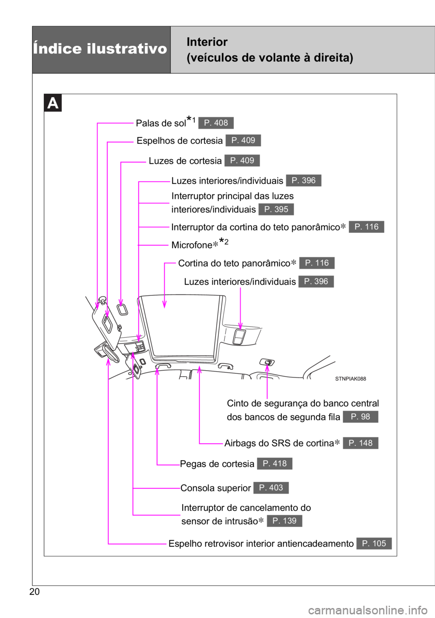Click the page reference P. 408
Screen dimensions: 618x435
pos(216,123)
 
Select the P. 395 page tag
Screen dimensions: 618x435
pos(276,209)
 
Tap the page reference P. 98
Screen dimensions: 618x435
pos(360,417)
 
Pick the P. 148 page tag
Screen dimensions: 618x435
pos(360,443)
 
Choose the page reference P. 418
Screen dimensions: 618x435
pos(275,463)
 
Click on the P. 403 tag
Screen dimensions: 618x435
pos(271,488)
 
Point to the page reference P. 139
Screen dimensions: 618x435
pos(284,521)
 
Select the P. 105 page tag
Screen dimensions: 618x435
pos(374,544)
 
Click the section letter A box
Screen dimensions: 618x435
pos(53,103)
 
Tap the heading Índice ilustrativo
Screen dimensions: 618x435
pos(100,49)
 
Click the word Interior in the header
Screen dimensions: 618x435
pos(207,42)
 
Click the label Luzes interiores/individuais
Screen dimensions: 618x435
pos(240,282)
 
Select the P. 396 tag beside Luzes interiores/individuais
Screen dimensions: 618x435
pos(316,281)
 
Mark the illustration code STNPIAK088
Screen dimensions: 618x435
pos(350,378)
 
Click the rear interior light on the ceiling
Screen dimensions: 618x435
pos(239,336)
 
